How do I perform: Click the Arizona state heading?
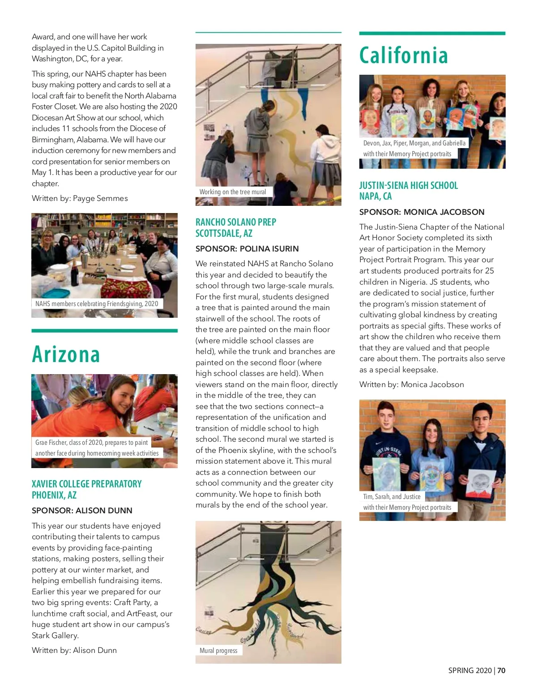click(x=66, y=354)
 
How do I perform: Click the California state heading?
click(x=403, y=55)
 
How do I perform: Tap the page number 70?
click(x=501, y=670)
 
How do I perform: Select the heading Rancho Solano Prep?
click(x=236, y=222)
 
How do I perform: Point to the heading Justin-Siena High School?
click(x=409, y=185)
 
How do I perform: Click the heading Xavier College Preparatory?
click(x=86, y=484)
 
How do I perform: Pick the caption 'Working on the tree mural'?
click(x=233, y=192)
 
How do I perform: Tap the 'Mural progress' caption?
click(x=218, y=650)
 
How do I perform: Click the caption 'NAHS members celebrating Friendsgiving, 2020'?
click(x=97, y=303)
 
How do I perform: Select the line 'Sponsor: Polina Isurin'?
click(x=247, y=249)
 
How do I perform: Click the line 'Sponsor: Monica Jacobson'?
click(x=422, y=212)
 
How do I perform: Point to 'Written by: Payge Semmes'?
click(x=80, y=198)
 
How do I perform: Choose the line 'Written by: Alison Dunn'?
click(x=74, y=650)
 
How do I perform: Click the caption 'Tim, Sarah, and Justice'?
click(x=392, y=496)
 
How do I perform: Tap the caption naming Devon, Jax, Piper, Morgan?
click(x=414, y=143)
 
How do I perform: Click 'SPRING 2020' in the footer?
click(x=470, y=670)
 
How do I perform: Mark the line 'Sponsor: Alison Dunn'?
click(x=82, y=511)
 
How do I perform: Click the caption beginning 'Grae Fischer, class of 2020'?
click(x=91, y=443)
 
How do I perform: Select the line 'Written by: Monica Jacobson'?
click(x=412, y=384)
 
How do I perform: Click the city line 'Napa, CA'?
click(x=375, y=196)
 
